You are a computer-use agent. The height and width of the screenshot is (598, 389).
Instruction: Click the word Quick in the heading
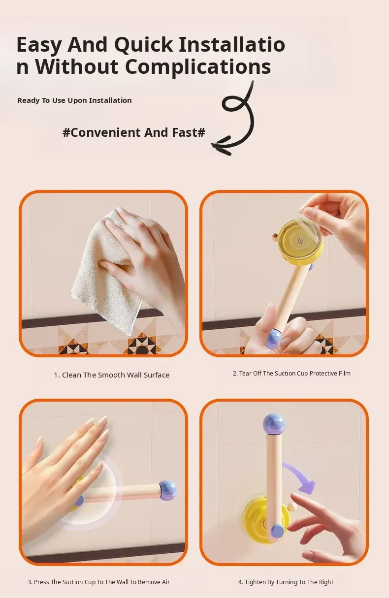click(143, 45)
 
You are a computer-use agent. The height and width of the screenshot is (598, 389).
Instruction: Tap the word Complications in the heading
click(198, 66)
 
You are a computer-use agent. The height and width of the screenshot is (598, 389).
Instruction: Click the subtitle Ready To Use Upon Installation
click(74, 100)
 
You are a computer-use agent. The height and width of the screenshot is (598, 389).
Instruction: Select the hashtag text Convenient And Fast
click(134, 132)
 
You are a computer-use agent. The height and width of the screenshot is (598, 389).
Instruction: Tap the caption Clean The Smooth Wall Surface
click(112, 375)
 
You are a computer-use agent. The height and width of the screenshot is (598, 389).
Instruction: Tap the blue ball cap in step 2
click(274, 339)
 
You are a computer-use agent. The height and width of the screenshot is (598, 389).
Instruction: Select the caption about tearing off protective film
click(292, 373)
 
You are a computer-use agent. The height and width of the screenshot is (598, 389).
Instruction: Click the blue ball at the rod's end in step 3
click(167, 491)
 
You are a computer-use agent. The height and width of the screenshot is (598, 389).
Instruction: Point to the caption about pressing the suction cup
click(98, 582)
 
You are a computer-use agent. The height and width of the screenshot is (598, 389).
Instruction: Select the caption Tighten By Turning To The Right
click(286, 582)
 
